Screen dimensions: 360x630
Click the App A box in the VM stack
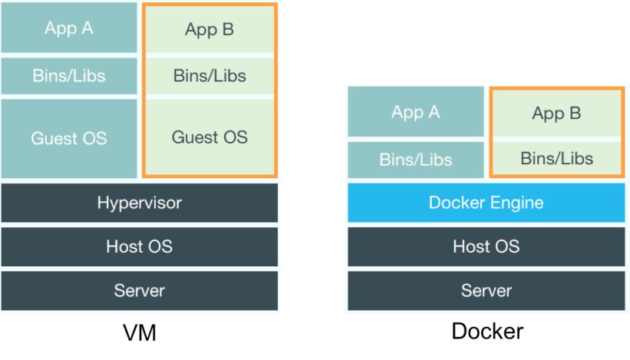coord(69,28)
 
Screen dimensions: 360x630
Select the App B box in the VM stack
coord(209,30)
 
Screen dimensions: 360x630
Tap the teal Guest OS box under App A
coord(69,138)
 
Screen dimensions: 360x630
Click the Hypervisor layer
coord(139,203)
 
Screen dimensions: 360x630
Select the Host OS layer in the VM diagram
coord(139,246)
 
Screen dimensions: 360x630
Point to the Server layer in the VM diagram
coord(139,291)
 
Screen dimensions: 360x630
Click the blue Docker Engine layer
coord(486,203)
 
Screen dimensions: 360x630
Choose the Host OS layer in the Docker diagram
coord(486,246)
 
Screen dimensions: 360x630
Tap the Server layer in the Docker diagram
coord(486,291)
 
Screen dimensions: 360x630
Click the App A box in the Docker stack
coord(415,112)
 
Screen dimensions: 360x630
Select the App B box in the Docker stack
coord(556,114)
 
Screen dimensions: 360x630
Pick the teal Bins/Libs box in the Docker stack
coord(415,160)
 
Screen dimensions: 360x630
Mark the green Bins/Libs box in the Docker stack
coord(556,158)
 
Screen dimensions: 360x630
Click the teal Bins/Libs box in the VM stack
coord(69,76)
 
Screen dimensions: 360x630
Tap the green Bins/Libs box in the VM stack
coord(209,76)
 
